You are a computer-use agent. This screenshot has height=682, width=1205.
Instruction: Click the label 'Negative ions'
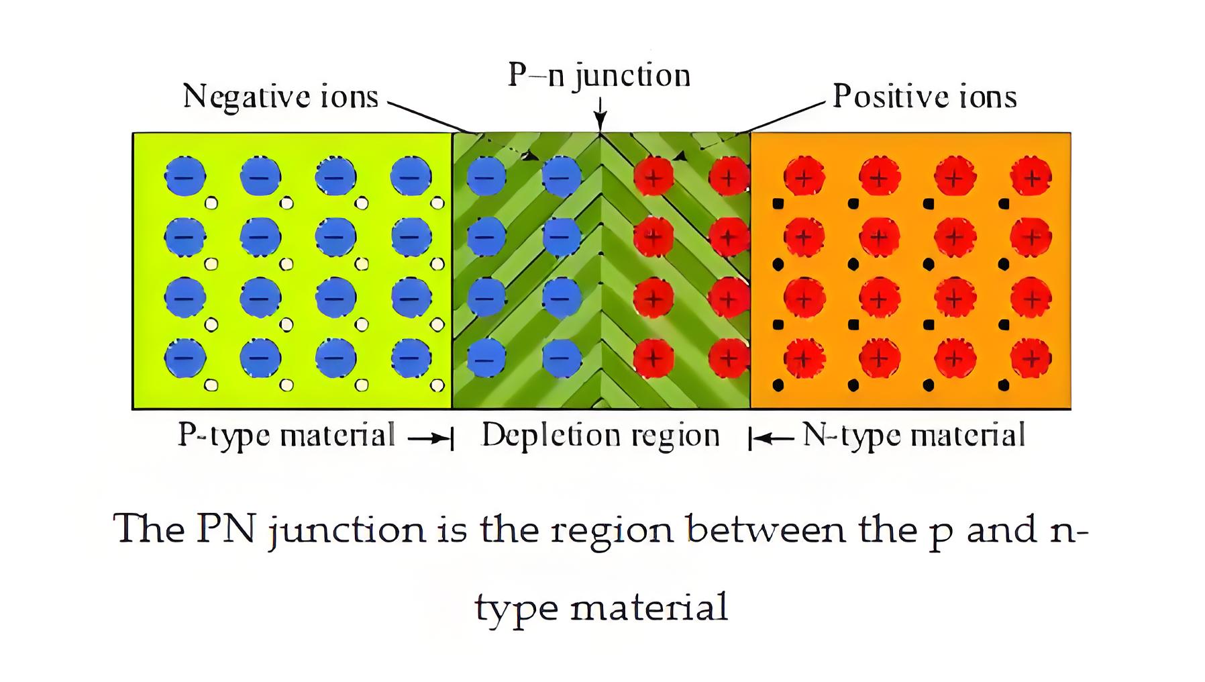coord(280,97)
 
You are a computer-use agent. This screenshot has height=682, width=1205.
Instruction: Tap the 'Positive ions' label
coord(925,97)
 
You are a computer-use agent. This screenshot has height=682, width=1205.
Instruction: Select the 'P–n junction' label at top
coord(599,75)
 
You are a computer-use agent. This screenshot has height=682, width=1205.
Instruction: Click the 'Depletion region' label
coord(600,436)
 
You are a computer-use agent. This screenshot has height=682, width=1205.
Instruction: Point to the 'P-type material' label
coord(286,436)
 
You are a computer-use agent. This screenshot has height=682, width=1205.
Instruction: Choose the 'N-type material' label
coord(914,436)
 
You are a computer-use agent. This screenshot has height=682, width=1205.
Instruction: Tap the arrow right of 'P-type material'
coord(430,438)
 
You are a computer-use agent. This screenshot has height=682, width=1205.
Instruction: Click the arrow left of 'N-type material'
coord(772,438)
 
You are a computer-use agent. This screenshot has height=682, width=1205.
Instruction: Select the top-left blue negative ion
coord(185,177)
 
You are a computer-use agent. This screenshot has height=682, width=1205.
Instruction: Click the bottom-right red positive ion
coord(1031,358)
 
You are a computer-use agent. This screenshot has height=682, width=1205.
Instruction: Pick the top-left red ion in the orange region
coord(804,177)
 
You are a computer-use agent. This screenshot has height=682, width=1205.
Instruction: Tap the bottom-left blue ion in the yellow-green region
coord(185,358)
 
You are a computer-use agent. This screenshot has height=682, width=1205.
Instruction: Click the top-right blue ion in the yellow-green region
coord(411,177)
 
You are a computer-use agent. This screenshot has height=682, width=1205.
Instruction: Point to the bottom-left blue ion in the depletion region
coord(486,358)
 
